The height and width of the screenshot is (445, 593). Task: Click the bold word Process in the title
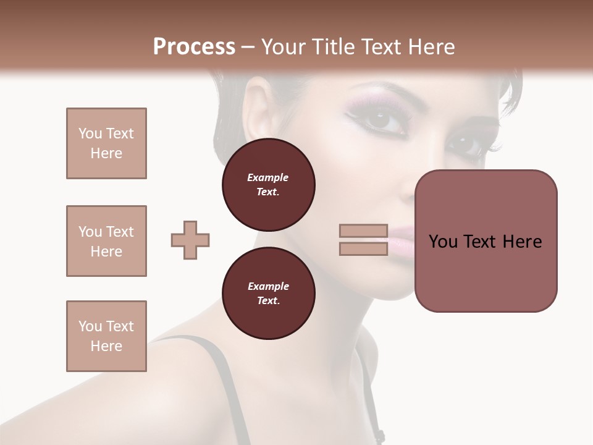tap(194, 47)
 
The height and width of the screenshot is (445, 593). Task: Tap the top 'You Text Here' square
tap(106, 143)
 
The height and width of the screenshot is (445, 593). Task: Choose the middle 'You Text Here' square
tap(106, 241)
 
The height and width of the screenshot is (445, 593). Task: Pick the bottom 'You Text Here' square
tap(106, 336)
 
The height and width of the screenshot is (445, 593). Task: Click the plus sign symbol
tap(190, 240)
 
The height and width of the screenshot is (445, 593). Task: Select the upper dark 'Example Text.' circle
tap(268, 184)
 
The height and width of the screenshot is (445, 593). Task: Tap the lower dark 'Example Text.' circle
tap(268, 293)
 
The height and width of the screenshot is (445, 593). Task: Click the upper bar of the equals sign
tap(364, 231)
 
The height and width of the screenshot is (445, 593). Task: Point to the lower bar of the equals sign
tap(364, 248)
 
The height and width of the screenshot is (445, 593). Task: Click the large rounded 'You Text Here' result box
tap(486, 241)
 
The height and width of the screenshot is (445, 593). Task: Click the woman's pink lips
tap(402, 238)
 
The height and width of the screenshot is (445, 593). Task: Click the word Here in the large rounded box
tap(522, 242)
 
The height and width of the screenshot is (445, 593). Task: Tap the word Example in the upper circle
tap(268, 177)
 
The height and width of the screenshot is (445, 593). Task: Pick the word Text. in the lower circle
tap(268, 301)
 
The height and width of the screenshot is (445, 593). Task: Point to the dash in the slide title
tap(248, 48)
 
